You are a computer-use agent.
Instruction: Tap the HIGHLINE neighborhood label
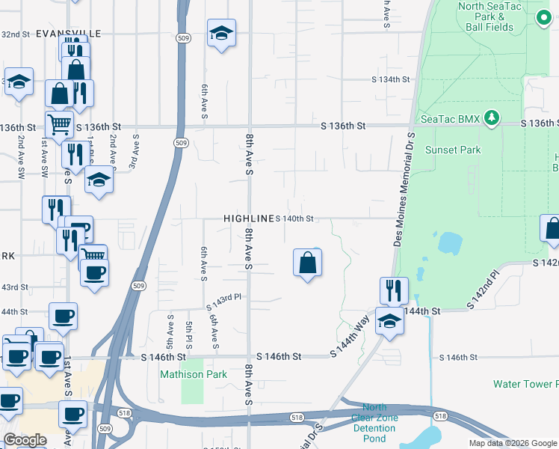click(x=249, y=218)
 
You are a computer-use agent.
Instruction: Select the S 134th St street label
click(x=392, y=79)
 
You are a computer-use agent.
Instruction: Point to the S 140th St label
click(x=294, y=219)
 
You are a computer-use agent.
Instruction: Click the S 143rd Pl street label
click(x=224, y=297)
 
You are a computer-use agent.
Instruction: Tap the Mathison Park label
click(x=193, y=373)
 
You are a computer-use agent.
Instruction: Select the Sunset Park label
click(x=453, y=150)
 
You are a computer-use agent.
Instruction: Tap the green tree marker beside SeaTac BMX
click(x=491, y=117)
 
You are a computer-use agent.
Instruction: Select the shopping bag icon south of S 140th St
click(x=307, y=263)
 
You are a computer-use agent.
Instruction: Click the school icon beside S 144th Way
click(x=389, y=321)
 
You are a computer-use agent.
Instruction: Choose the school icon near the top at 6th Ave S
click(x=221, y=33)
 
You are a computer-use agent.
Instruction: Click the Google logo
click(x=25, y=440)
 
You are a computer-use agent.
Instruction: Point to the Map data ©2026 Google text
click(x=513, y=443)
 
